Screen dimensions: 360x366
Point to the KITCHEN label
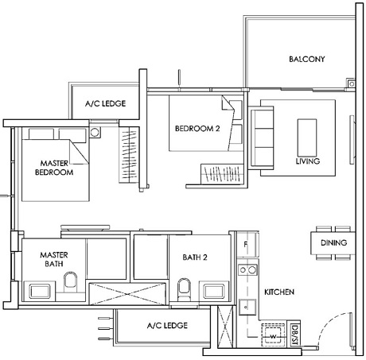(279, 292)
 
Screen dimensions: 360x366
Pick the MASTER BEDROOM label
(54, 167)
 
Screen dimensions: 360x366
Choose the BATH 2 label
(193, 258)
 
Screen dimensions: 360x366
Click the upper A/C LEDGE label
(106, 103)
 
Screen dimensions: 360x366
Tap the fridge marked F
(247, 245)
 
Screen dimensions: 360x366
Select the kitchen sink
(246, 307)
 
